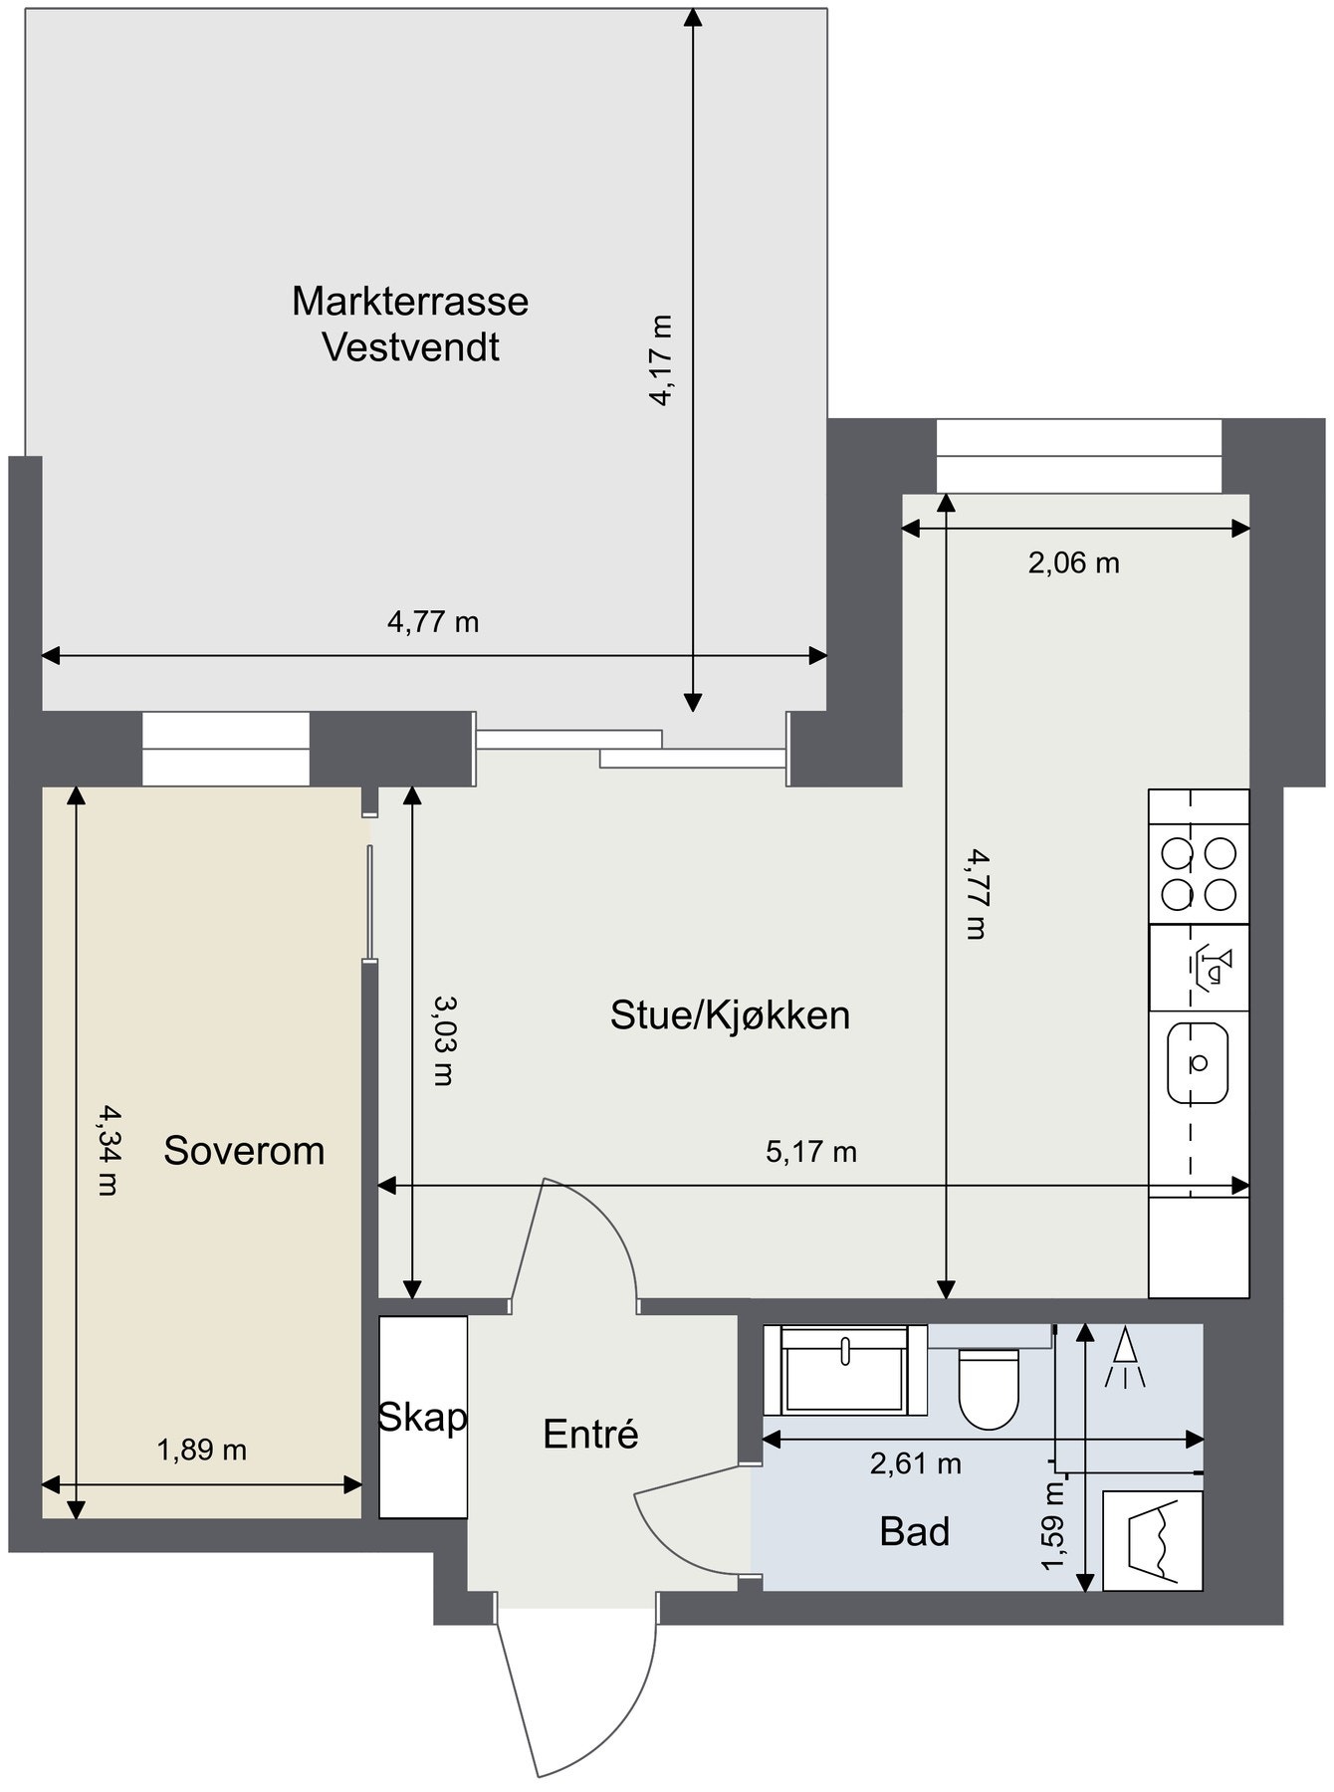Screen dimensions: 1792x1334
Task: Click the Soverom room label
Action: click(x=244, y=1150)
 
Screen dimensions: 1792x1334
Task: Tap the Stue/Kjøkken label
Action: click(x=730, y=1015)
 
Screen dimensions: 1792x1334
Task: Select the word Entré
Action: click(x=590, y=1434)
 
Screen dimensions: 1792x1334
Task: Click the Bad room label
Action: click(x=914, y=1531)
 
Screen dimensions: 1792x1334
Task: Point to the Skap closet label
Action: click(x=422, y=1417)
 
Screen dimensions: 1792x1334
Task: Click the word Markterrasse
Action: click(x=409, y=301)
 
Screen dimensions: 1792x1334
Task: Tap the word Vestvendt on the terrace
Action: click(x=410, y=348)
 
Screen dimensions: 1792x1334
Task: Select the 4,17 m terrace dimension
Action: click(x=661, y=360)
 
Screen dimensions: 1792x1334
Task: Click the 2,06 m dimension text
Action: click(x=1073, y=563)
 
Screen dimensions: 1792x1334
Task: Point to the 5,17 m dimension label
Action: click(x=810, y=1152)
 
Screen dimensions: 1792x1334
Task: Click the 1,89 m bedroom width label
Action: click(x=201, y=1450)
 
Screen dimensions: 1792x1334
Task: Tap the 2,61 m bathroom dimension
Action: click(x=915, y=1463)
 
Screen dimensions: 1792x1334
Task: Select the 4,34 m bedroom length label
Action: click(x=108, y=1150)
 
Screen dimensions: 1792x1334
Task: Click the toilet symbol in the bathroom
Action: click(x=989, y=1387)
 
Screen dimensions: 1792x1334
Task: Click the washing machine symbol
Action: click(x=1152, y=1540)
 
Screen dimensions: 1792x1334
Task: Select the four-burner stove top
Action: click(x=1199, y=874)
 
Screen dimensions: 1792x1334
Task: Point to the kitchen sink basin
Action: click(x=1198, y=1062)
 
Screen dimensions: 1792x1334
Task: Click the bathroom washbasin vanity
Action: click(x=844, y=1370)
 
